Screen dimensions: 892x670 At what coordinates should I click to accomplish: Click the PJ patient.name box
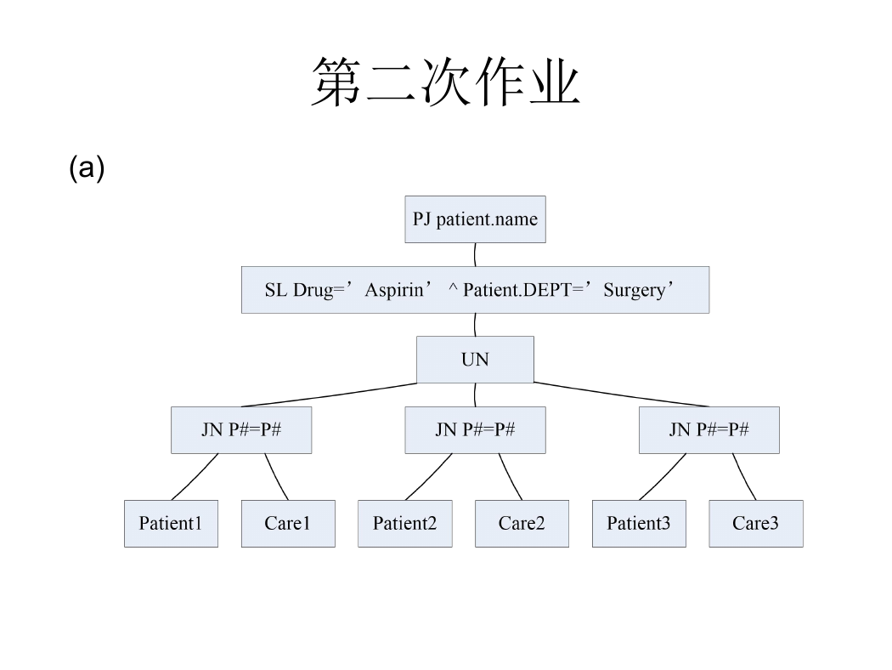(475, 219)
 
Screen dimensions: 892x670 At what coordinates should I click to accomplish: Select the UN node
(475, 359)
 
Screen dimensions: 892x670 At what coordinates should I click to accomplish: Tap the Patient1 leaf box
(172, 524)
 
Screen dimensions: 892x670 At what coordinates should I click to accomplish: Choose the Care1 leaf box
(288, 524)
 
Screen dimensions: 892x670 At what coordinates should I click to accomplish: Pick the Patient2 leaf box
(405, 524)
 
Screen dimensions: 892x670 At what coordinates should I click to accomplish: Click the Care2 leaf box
(522, 524)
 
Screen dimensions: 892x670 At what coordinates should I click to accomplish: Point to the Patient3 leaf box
(639, 524)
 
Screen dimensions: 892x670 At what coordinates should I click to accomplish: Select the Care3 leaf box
(756, 524)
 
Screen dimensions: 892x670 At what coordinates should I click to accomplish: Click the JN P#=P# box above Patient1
(241, 429)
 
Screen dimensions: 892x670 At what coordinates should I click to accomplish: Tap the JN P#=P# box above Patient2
(475, 429)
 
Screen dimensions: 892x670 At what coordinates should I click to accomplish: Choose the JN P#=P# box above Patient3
(709, 429)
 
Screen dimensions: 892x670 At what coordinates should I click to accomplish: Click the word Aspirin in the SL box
(394, 290)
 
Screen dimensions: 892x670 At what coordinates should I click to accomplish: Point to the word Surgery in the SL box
(635, 290)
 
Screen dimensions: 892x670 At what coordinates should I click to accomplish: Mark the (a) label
(87, 168)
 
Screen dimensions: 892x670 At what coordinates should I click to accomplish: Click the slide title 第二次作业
(446, 82)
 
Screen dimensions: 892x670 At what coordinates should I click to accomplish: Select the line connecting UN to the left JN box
(329, 395)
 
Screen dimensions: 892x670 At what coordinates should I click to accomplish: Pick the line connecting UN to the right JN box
(621, 395)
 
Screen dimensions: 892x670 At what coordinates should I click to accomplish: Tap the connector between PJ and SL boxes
(475, 254)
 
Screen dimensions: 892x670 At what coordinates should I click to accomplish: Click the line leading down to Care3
(743, 477)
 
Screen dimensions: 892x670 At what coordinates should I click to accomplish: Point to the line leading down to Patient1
(195, 477)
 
